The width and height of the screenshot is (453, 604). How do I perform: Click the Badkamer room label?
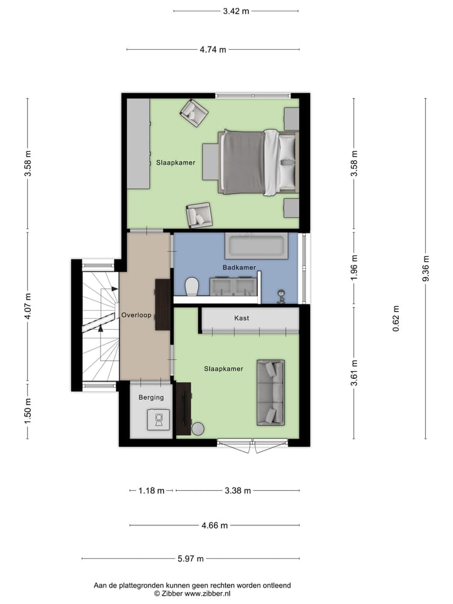tap(239, 267)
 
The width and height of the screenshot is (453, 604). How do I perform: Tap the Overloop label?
tap(137, 315)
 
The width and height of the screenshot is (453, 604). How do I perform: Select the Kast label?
tap(242, 318)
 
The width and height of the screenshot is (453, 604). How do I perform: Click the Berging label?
tap(151, 397)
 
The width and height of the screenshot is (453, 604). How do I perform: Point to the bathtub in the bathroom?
tap(256, 245)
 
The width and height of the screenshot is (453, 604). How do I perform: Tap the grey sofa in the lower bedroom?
tap(270, 392)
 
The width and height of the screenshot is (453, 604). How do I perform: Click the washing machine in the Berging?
tap(158, 419)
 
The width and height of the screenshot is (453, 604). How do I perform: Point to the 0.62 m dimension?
tap(396, 318)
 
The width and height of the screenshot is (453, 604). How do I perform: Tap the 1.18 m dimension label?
tap(151, 491)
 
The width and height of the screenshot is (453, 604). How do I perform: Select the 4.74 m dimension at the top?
tap(213, 50)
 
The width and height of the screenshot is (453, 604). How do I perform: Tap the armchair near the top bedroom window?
tap(194, 113)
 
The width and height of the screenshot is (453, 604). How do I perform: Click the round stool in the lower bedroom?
tap(198, 428)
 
